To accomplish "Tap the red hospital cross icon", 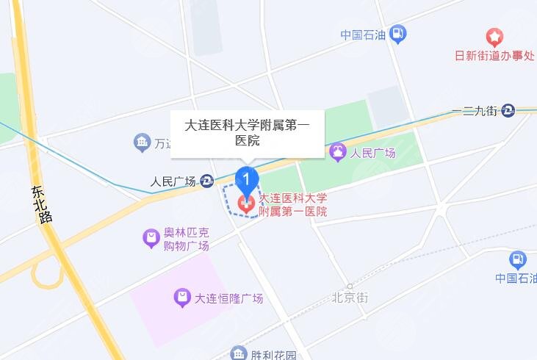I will click(x=246, y=204).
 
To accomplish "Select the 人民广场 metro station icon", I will click(x=208, y=181).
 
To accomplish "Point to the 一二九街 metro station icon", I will click(x=508, y=111).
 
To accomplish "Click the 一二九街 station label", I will click(x=475, y=111).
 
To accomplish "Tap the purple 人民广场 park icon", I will click(x=337, y=153).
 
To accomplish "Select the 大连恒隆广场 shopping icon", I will click(x=181, y=298).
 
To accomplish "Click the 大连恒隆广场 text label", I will click(x=228, y=298).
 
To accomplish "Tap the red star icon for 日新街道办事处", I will click(x=495, y=37).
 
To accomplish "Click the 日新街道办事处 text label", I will click(x=494, y=56).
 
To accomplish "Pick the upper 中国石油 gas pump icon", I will click(x=397, y=33).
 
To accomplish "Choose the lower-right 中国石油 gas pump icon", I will click(x=518, y=259).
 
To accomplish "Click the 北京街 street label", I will click(x=349, y=298).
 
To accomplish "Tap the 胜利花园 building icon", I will click(x=239, y=354).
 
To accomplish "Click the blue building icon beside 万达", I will click(x=142, y=143).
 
